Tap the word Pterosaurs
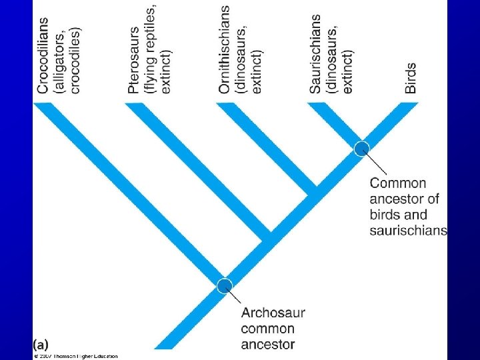135,59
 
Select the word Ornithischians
225,49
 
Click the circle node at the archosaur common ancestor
225,285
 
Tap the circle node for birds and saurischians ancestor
361,148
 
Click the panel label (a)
41,345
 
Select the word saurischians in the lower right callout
408,231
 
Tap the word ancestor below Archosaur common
268,344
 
